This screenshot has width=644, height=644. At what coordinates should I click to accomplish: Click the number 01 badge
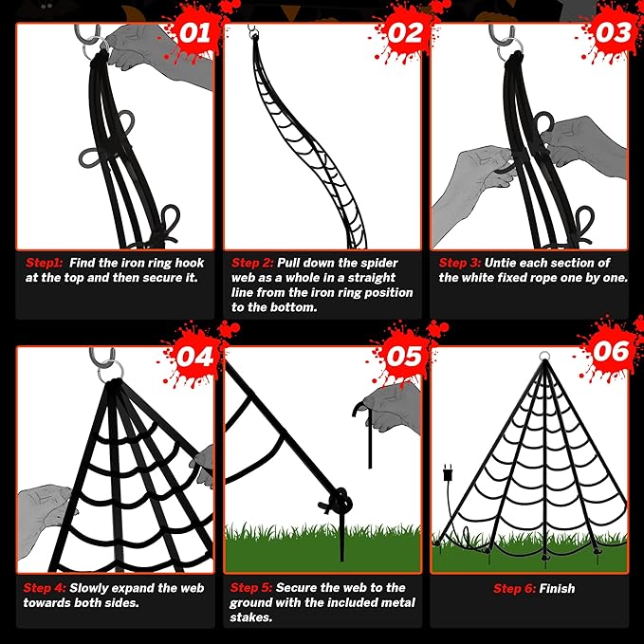pos(194,33)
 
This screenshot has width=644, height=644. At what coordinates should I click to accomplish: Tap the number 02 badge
pos(404,33)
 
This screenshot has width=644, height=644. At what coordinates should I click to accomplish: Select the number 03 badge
pos(612,33)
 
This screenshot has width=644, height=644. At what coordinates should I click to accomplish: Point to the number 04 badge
pos(194,357)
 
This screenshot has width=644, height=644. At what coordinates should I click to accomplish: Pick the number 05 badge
pos(404,356)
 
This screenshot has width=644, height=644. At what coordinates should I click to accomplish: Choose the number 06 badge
pos(612,352)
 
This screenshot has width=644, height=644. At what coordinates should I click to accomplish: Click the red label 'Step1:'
pos(44,263)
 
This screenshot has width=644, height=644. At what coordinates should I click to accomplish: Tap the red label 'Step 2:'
pos(252,263)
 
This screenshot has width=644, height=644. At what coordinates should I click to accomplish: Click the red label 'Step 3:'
pos(460,263)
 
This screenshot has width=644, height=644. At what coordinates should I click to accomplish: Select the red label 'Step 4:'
pos(45,588)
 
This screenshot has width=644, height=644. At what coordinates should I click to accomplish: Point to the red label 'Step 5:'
pos(251,588)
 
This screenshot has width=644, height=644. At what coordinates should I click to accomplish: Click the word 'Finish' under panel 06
pos(557,589)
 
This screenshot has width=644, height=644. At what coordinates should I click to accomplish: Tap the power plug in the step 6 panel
pos(448,472)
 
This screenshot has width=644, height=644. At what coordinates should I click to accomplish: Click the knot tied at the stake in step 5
pos(340,500)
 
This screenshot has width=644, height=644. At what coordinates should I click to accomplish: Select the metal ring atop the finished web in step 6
pos(544,356)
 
